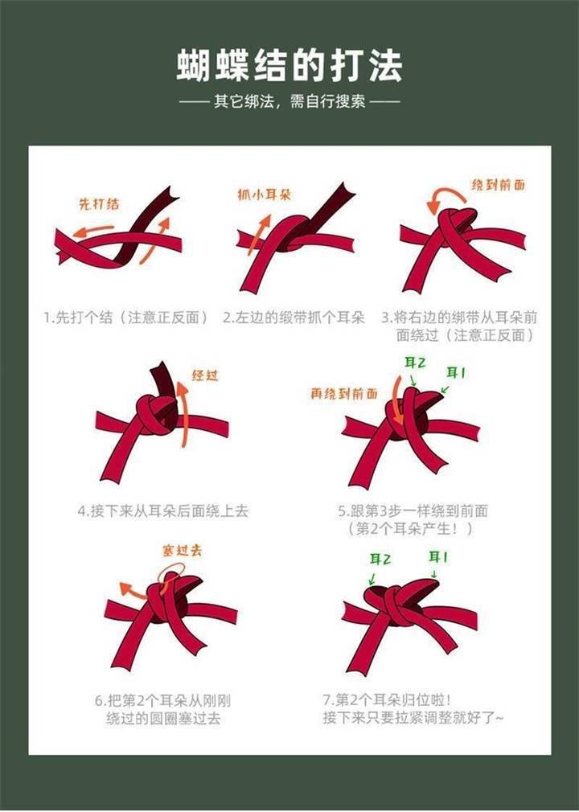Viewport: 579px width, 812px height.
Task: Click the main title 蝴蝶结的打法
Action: (289, 66)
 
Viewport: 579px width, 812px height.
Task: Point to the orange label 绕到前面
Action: (498, 185)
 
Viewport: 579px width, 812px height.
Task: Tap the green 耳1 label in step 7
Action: (438, 557)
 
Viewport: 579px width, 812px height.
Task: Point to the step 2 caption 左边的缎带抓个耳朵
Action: (294, 317)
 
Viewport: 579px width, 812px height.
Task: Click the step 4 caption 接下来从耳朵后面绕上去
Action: (163, 511)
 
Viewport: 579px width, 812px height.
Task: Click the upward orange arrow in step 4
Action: (185, 414)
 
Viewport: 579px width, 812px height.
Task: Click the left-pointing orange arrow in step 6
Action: (133, 589)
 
